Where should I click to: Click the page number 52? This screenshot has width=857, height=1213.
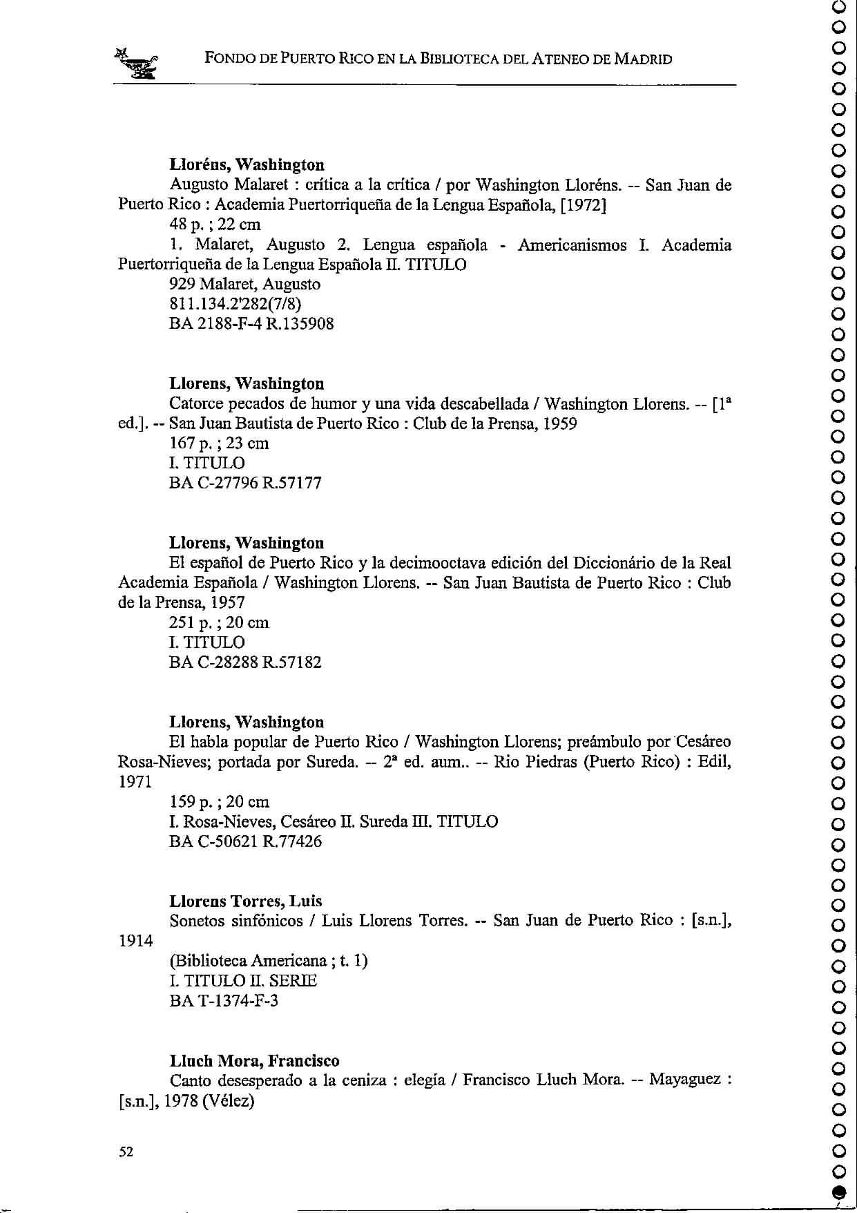[x=126, y=1151]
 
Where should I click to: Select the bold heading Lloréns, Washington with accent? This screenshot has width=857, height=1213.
[x=247, y=165]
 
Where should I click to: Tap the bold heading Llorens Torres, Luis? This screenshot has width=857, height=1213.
[x=246, y=901]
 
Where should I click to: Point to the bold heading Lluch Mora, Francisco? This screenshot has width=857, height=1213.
[x=255, y=1060]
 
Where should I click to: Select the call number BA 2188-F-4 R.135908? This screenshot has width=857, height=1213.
[x=251, y=324]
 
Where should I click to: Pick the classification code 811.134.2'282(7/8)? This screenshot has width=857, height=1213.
[x=235, y=304]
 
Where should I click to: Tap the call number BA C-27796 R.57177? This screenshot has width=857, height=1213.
[x=245, y=483]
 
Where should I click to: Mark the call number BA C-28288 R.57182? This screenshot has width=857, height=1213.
[x=245, y=663]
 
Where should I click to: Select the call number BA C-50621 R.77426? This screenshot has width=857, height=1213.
[x=245, y=842]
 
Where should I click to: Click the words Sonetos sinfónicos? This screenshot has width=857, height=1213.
[x=236, y=921]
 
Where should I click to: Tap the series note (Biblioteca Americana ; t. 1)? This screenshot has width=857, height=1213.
[x=268, y=961]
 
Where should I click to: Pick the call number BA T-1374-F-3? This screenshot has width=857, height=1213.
[x=223, y=1001]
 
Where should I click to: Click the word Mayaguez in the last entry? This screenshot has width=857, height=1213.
[x=684, y=1080]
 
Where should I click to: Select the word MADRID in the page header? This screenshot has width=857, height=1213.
[x=643, y=59]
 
